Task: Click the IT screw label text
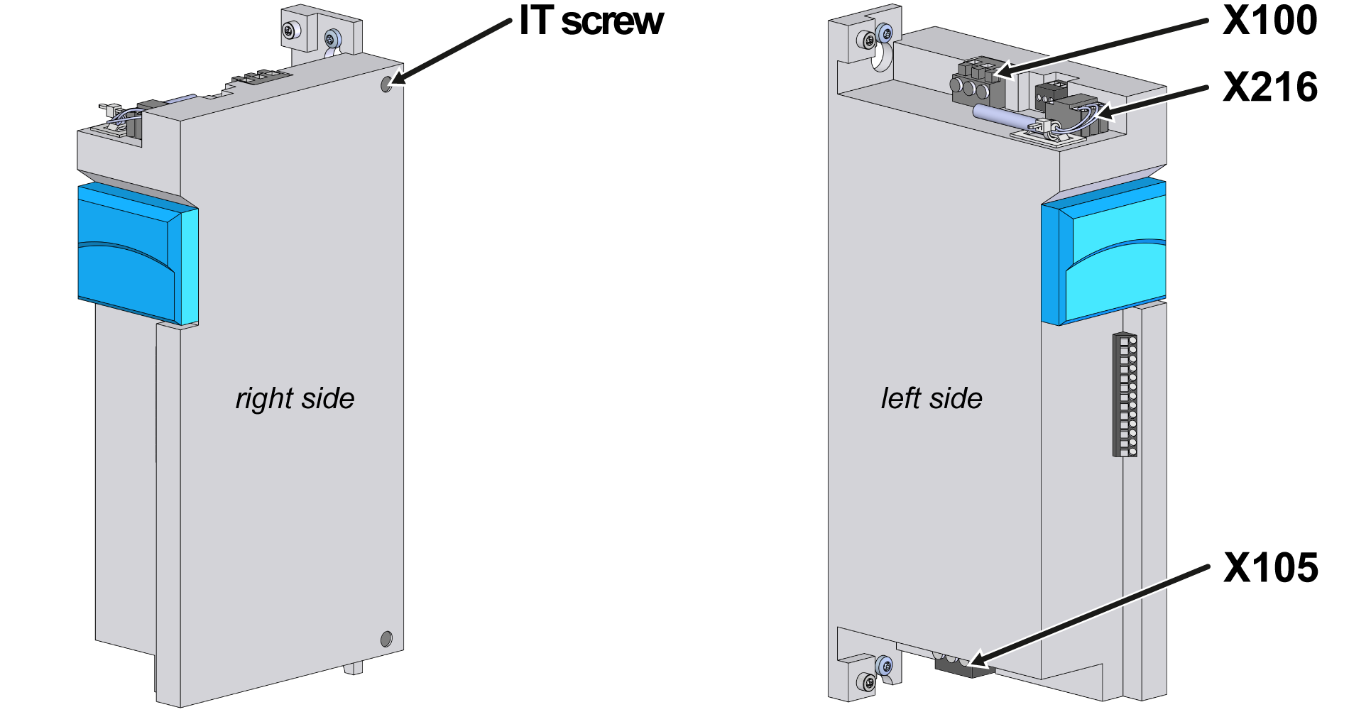coord(591,21)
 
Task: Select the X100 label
coord(1269,21)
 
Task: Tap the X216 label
coord(1269,88)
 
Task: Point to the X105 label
coord(1270,569)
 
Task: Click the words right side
coord(295,398)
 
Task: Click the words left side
coord(932,398)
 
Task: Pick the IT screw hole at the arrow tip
coord(386,84)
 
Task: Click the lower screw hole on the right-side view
coord(386,639)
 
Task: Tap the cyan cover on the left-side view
coord(1105,252)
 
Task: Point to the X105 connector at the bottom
coord(955,665)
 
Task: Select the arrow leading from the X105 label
coord(1086,618)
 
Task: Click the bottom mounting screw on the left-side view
coord(867,682)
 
